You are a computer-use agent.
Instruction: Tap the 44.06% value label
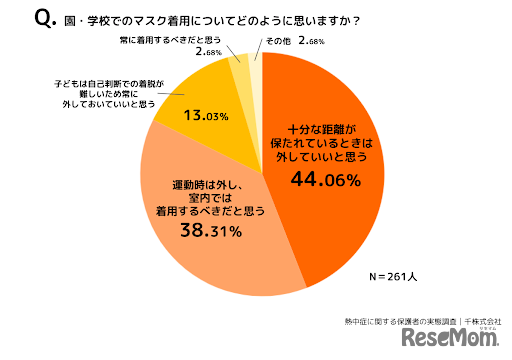[x=325, y=180]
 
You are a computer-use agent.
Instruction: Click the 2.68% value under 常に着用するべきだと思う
[x=209, y=52]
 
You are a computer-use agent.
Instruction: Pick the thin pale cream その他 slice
[x=257, y=70]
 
